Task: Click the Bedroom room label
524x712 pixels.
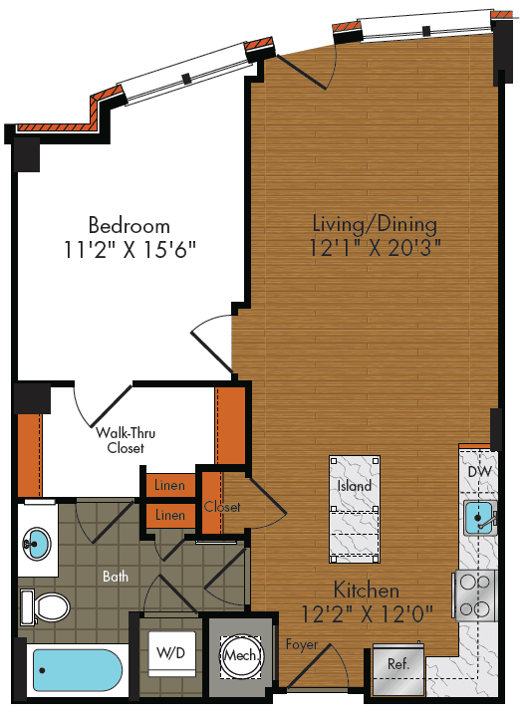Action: (129, 225)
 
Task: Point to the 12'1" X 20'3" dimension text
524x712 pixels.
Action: (374, 245)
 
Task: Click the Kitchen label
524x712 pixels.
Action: (367, 591)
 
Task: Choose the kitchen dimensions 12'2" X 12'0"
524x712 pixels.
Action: (367, 613)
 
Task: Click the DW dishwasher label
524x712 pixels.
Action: (480, 470)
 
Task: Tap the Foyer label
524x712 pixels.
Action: (301, 645)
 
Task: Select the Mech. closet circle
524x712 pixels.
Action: (238, 657)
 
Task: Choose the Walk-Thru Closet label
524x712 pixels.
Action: (126, 440)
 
